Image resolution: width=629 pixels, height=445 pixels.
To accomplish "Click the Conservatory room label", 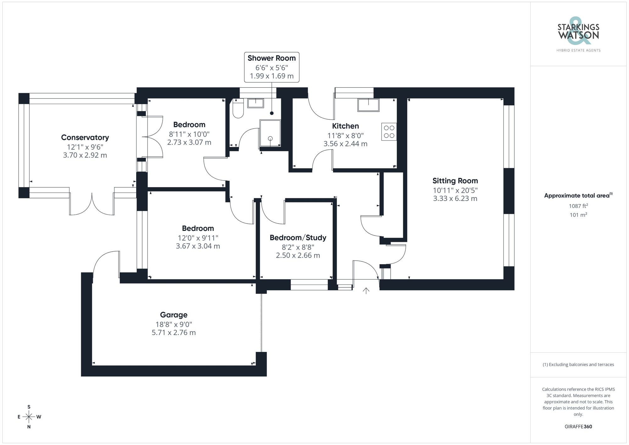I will pyautogui.click(x=85, y=137).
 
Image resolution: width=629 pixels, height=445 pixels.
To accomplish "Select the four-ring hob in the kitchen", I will pyautogui.click(x=389, y=132).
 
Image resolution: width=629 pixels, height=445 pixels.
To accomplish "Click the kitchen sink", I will pyautogui.click(x=368, y=105).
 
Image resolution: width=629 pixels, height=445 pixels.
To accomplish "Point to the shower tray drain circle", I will pyautogui.click(x=270, y=138).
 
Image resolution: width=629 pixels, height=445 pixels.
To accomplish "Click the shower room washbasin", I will pyautogui.click(x=255, y=103).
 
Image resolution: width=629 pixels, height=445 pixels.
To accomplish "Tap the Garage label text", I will pyautogui.click(x=174, y=315).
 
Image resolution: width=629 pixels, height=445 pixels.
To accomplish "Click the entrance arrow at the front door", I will pyautogui.click(x=366, y=291).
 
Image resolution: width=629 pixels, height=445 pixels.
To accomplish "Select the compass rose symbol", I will pyautogui.click(x=29, y=417).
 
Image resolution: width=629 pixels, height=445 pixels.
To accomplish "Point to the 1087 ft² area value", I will pyautogui.click(x=578, y=206).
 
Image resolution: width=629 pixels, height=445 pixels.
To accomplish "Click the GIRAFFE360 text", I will pyautogui.click(x=578, y=426).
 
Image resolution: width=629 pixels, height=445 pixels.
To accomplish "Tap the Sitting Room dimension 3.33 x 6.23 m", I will pyautogui.click(x=455, y=198).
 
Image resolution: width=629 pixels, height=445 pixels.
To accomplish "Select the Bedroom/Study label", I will pyautogui.click(x=298, y=238).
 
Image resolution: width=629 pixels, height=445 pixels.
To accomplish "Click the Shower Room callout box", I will pyautogui.click(x=272, y=67).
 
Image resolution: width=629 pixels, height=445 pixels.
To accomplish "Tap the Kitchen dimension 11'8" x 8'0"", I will pyautogui.click(x=345, y=136).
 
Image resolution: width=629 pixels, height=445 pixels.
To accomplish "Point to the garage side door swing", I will pyautogui.click(x=106, y=263).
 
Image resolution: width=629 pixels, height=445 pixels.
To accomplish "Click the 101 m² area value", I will pyautogui.click(x=578, y=215).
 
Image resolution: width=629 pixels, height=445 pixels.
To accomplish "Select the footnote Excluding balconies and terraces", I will pyautogui.click(x=578, y=364).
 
